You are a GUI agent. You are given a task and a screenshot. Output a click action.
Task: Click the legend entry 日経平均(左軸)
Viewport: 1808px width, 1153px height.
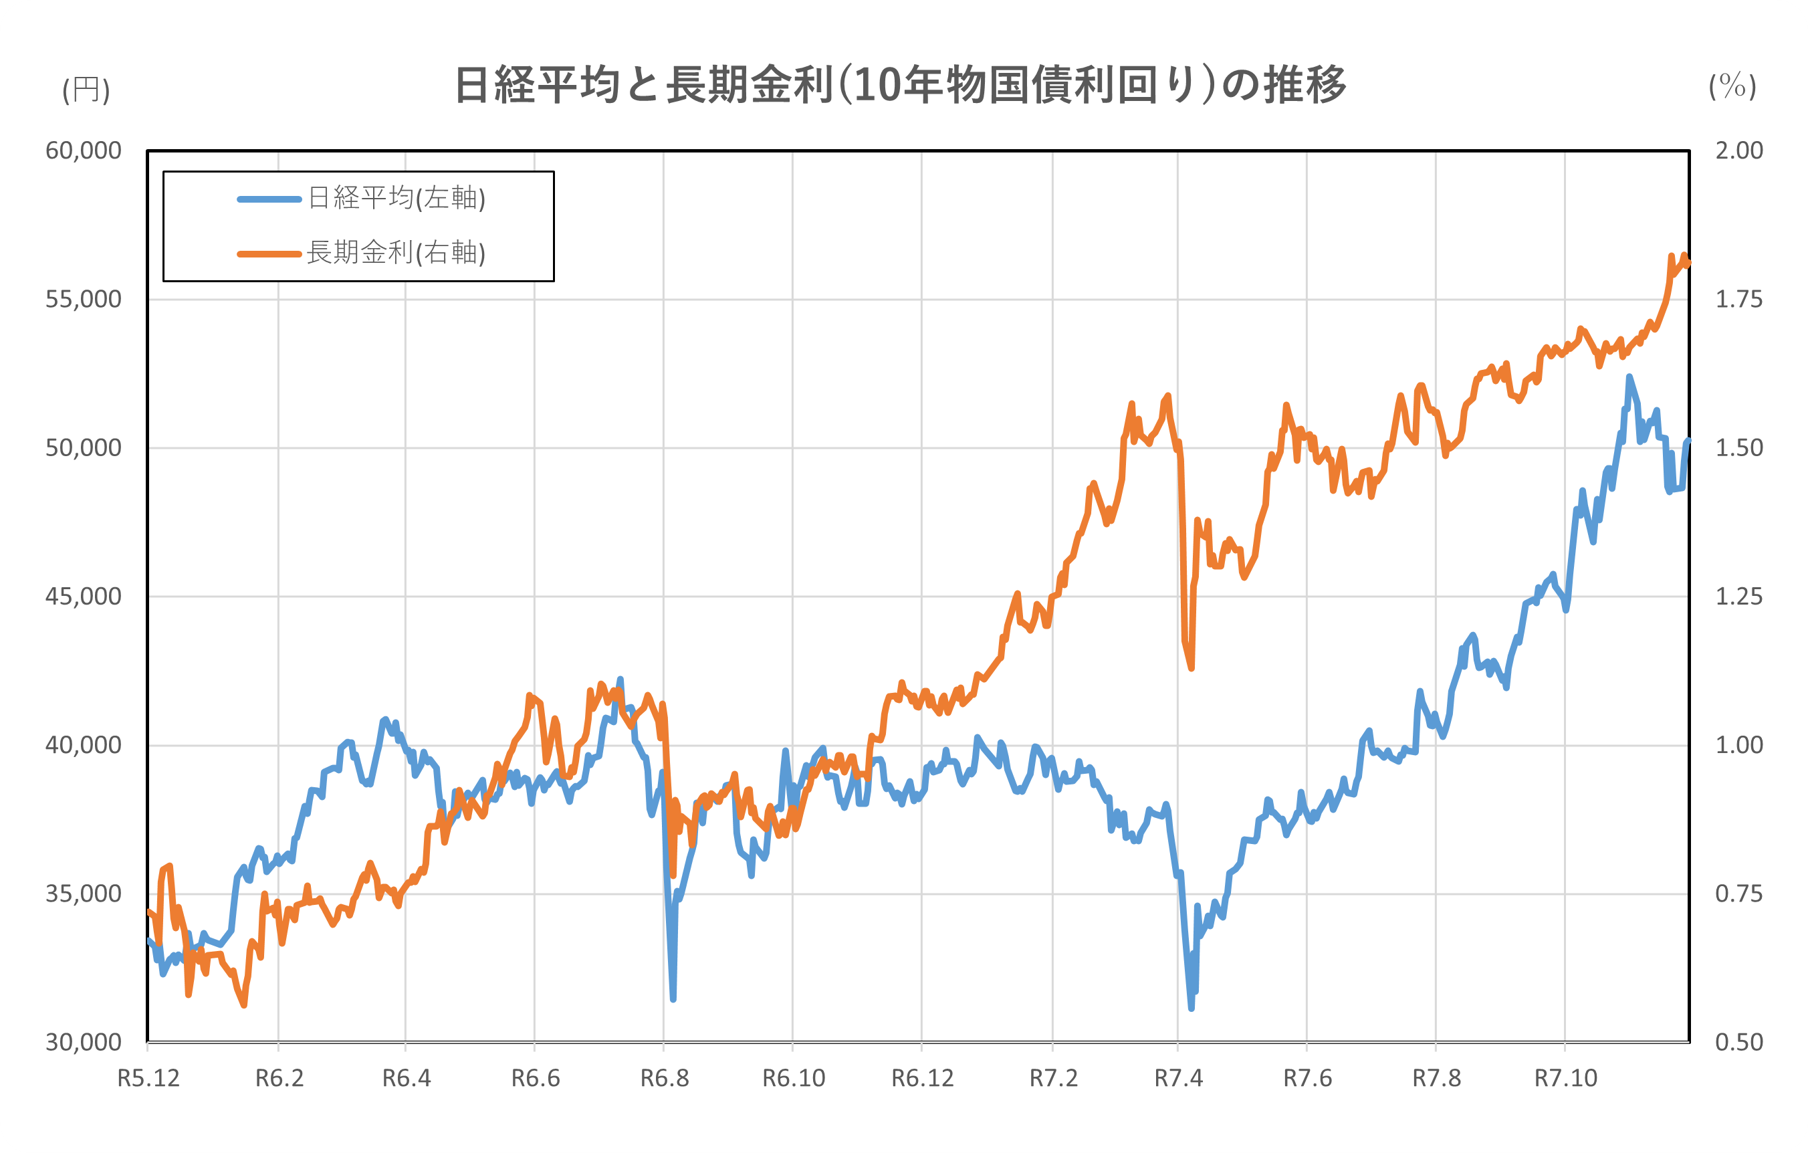click(x=397, y=199)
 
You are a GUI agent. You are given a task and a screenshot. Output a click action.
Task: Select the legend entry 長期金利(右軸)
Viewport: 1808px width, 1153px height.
click(x=397, y=253)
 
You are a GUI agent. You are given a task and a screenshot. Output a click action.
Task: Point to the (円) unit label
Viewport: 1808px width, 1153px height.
click(x=86, y=90)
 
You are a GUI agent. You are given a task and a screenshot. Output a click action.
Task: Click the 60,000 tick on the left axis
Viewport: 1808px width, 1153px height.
click(x=84, y=151)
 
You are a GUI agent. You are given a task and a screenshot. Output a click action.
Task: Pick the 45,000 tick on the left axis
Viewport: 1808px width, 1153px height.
click(x=84, y=597)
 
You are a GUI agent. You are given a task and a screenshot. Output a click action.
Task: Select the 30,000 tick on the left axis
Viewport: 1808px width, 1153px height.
click(x=84, y=1043)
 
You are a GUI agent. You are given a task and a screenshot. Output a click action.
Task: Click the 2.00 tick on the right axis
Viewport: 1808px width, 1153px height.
click(x=1739, y=151)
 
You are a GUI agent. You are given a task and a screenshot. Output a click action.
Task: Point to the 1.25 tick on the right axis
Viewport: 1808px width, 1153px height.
click(x=1739, y=597)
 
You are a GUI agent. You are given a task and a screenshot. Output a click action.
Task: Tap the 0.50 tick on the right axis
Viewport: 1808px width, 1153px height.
click(x=1739, y=1043)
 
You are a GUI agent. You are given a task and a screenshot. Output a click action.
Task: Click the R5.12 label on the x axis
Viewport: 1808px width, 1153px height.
click(x=148, y=1079)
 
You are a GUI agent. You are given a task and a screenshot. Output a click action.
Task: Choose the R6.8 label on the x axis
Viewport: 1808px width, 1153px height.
click(x=665, y=1079)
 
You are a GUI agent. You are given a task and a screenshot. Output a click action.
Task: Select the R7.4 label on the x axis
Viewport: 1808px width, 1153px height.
click(x=1178, y=1079)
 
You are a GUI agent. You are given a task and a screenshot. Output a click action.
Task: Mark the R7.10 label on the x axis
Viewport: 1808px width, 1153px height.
click(x=1565, y=1079)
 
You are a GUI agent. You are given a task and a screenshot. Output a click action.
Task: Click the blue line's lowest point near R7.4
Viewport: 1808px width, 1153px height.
click(x=1191, y=1007)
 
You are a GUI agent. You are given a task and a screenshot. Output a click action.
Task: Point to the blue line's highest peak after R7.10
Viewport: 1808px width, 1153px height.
click(x=1629, y=377)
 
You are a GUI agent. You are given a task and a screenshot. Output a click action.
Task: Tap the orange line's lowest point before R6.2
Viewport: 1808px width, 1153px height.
click(x=244, y=1005)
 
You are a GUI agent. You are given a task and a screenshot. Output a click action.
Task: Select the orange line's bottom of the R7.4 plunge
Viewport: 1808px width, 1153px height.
click(x=1191, y=667)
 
